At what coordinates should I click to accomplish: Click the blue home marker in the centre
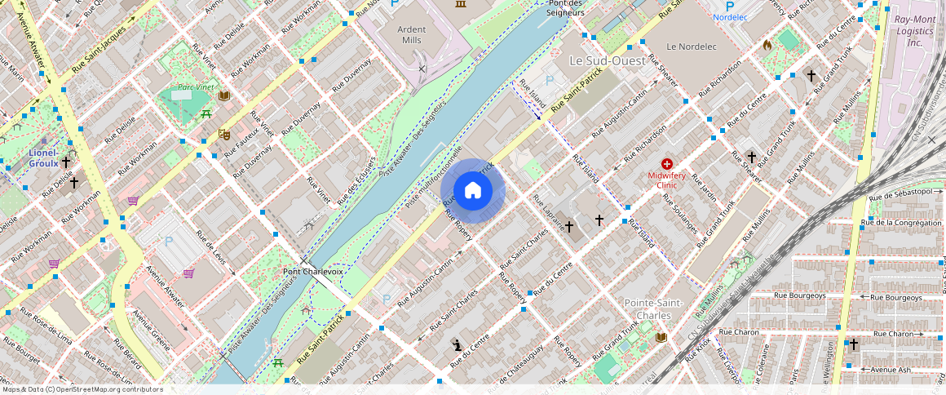[x=473, y=191]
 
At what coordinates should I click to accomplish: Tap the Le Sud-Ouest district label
[x=607, y=61]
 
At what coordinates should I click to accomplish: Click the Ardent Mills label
[x=411, y=34]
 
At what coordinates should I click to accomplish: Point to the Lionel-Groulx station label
[x=42, y=158]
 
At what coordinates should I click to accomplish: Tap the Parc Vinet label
[x=196, y=87]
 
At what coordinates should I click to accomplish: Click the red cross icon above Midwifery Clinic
[x=667, y=164]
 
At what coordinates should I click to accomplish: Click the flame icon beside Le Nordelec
[x=767, y=46]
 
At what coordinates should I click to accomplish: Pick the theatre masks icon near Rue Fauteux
[x=223, y=134]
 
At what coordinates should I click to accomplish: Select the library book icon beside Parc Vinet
[x=223, y=95]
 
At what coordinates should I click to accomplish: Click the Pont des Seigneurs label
[x=566, y=8]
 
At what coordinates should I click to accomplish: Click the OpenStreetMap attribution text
[x=82, y=389]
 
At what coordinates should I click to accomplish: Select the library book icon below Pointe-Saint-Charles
[x=661, y=337]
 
